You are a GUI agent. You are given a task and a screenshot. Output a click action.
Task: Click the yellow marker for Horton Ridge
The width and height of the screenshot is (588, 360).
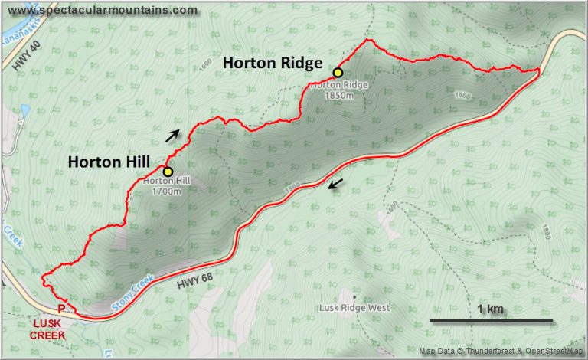pyautogui.click(x=337, y=73)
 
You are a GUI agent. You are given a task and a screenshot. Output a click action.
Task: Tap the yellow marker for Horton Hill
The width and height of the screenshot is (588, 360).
pyautogui.click(x=167, y=172)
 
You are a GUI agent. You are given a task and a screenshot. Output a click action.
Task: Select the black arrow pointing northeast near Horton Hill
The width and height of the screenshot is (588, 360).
pyautogui.click(x=175, y=136)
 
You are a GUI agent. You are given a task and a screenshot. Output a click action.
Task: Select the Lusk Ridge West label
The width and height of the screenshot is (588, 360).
pyautogui.click(x=354, y=308)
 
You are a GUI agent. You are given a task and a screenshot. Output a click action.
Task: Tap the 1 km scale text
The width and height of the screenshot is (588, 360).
pyautogui.click(x=490, y=309)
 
